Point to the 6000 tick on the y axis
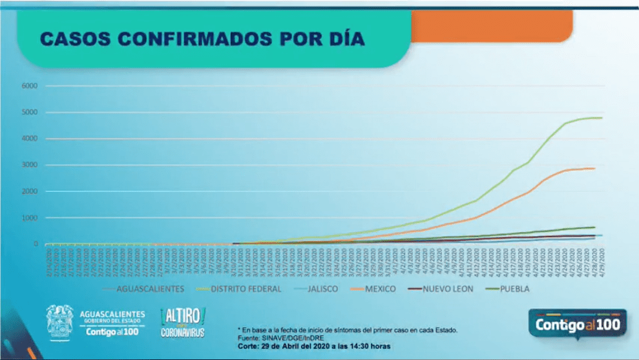click(30, 86)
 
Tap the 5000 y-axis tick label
click(30, 112)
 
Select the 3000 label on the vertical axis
click(30, 165)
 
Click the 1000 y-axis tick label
click(30, 218)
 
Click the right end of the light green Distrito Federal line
click(602, 118)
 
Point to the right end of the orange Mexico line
click(594, 169)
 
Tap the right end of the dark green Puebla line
click(594, 227)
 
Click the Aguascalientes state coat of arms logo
click(60, 321)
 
